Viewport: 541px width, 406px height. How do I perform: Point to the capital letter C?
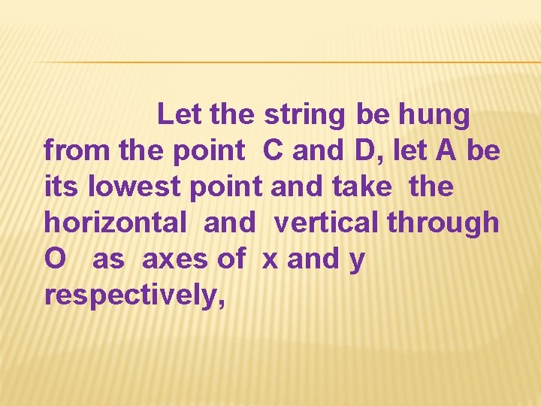pyautogui.click(x=273, y=151)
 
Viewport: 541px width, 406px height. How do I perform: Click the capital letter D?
pyautogui.click(x=364, y=151)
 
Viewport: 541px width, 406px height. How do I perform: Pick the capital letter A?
pyautogui.click(x=446, y=151)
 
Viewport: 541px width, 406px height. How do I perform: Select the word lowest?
pyautogui.click(x=136, y=186)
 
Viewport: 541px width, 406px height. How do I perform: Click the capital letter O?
pyautogui.click(x=56, y=259)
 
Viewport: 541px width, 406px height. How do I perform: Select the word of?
pyautogui.click(x=231, y=259)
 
